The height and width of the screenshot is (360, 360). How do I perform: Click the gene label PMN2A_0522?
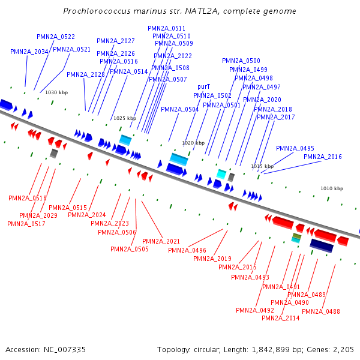tap(56, 37)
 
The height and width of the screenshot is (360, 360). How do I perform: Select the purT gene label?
tap(203, 87)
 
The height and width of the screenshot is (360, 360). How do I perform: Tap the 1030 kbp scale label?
tap(56, 92)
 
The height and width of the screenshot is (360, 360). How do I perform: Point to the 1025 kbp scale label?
tap(125, 118)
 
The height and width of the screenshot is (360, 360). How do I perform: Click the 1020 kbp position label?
tap(193, 143)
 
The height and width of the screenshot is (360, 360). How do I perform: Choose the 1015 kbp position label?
tap(262, 166)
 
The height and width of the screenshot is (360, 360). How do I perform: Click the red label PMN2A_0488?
tap(321, 311)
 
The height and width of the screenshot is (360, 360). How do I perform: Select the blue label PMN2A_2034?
tap(29, 52)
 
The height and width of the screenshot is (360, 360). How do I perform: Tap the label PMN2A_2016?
tap(323, 157)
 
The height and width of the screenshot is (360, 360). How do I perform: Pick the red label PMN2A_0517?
tap(26, 224)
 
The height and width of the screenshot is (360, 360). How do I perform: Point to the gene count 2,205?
tap(343, 349)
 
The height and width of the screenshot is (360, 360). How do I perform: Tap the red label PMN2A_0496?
tap(187, 250)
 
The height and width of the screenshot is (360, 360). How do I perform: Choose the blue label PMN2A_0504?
tap(180, 110)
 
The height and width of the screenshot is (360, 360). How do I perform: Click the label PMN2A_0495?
tap(295, 148)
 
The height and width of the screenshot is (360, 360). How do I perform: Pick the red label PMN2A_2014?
tap(280, 318)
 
